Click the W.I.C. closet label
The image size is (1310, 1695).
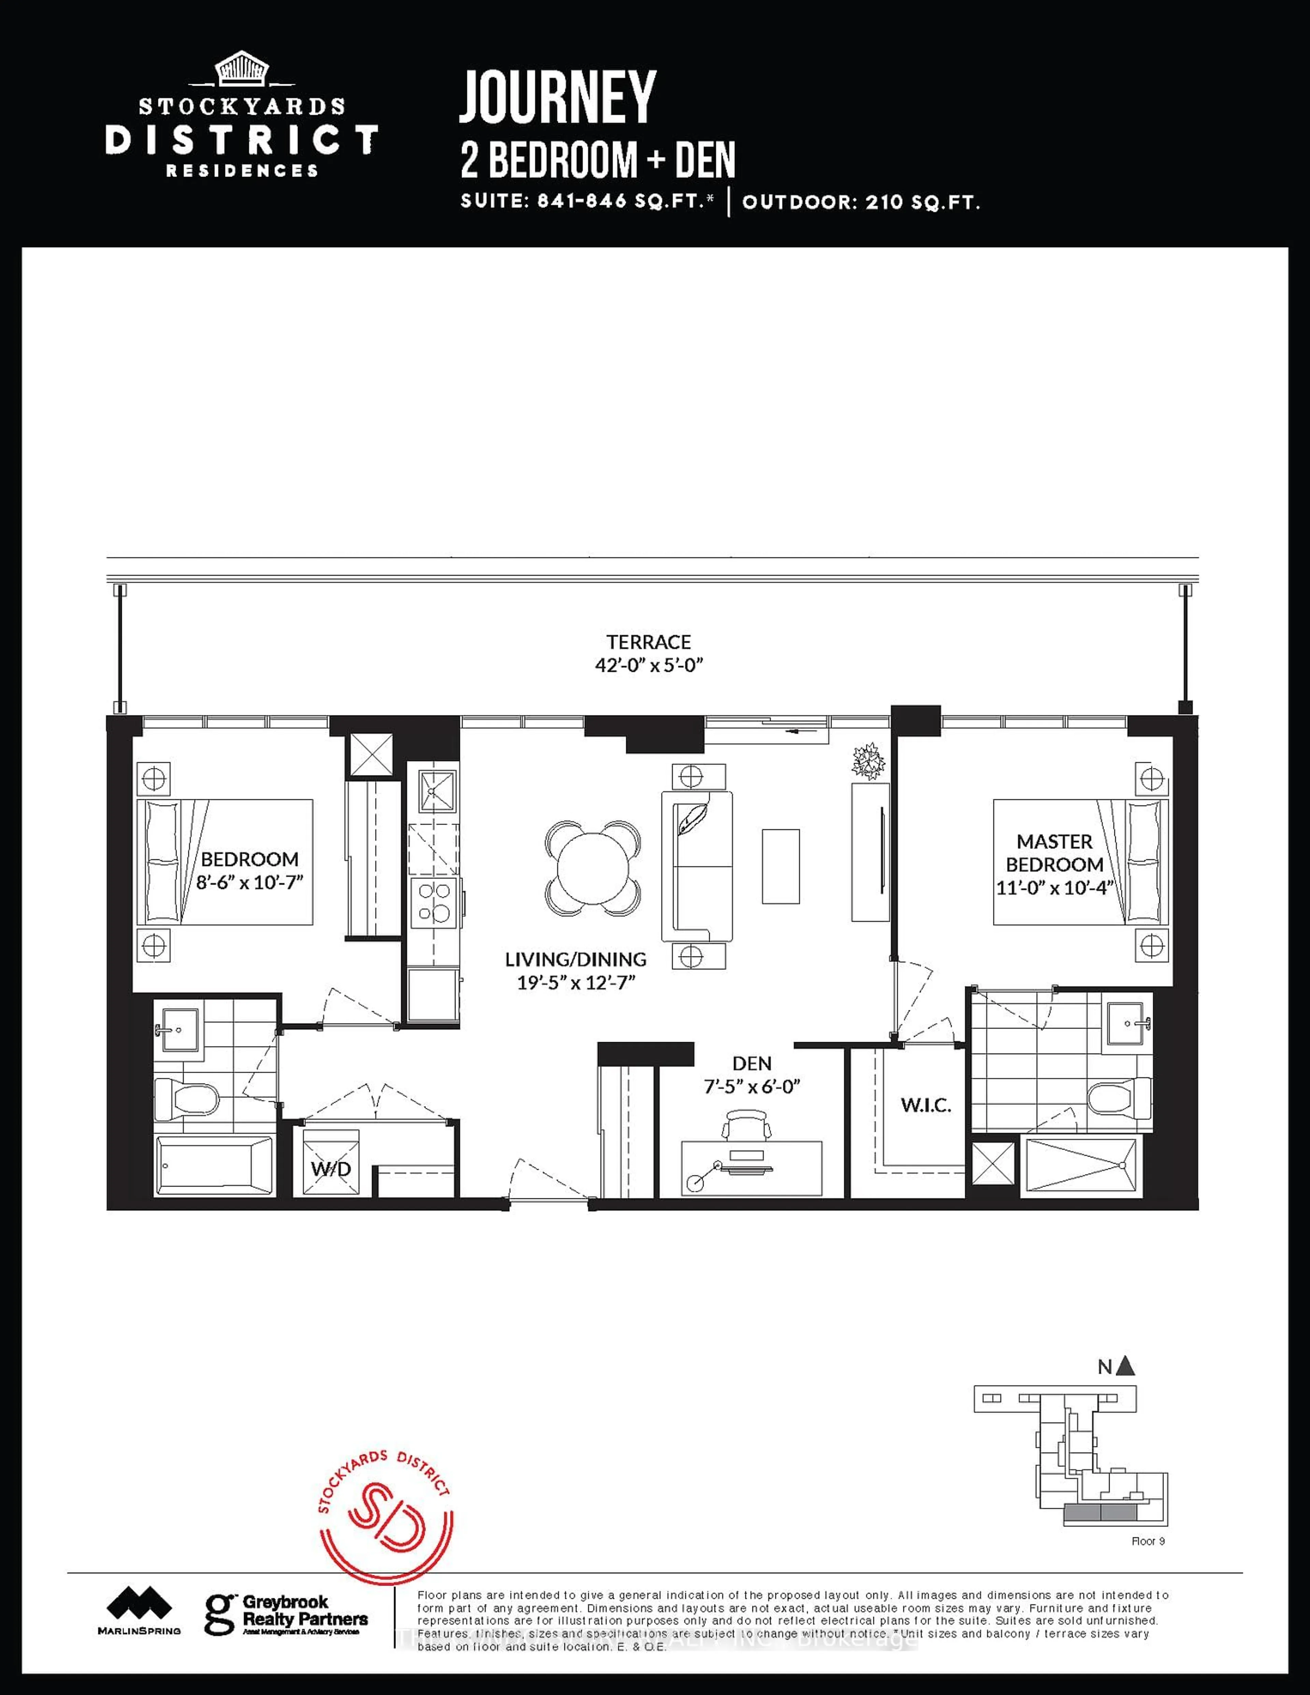[x=926, y=1105]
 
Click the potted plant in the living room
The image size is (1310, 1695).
[x=869, y=760]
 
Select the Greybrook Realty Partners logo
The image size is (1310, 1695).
[x=286, y=1613]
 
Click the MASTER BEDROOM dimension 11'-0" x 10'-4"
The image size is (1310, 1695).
[x=1054, y=887]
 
